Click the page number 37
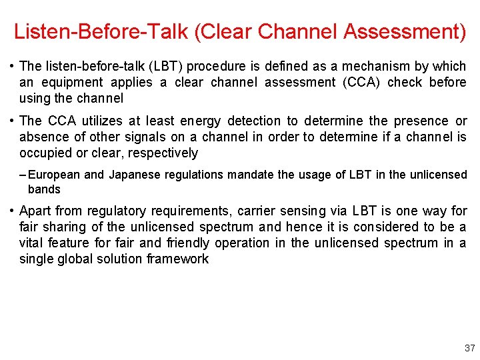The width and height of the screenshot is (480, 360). point(469,347)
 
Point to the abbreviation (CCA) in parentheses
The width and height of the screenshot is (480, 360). point(359,82)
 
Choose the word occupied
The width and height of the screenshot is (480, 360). point(46,153)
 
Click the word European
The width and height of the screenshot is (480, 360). point(55,175)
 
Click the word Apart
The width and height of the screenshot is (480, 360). point(36,211)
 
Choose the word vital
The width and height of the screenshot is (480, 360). point(32,243)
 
